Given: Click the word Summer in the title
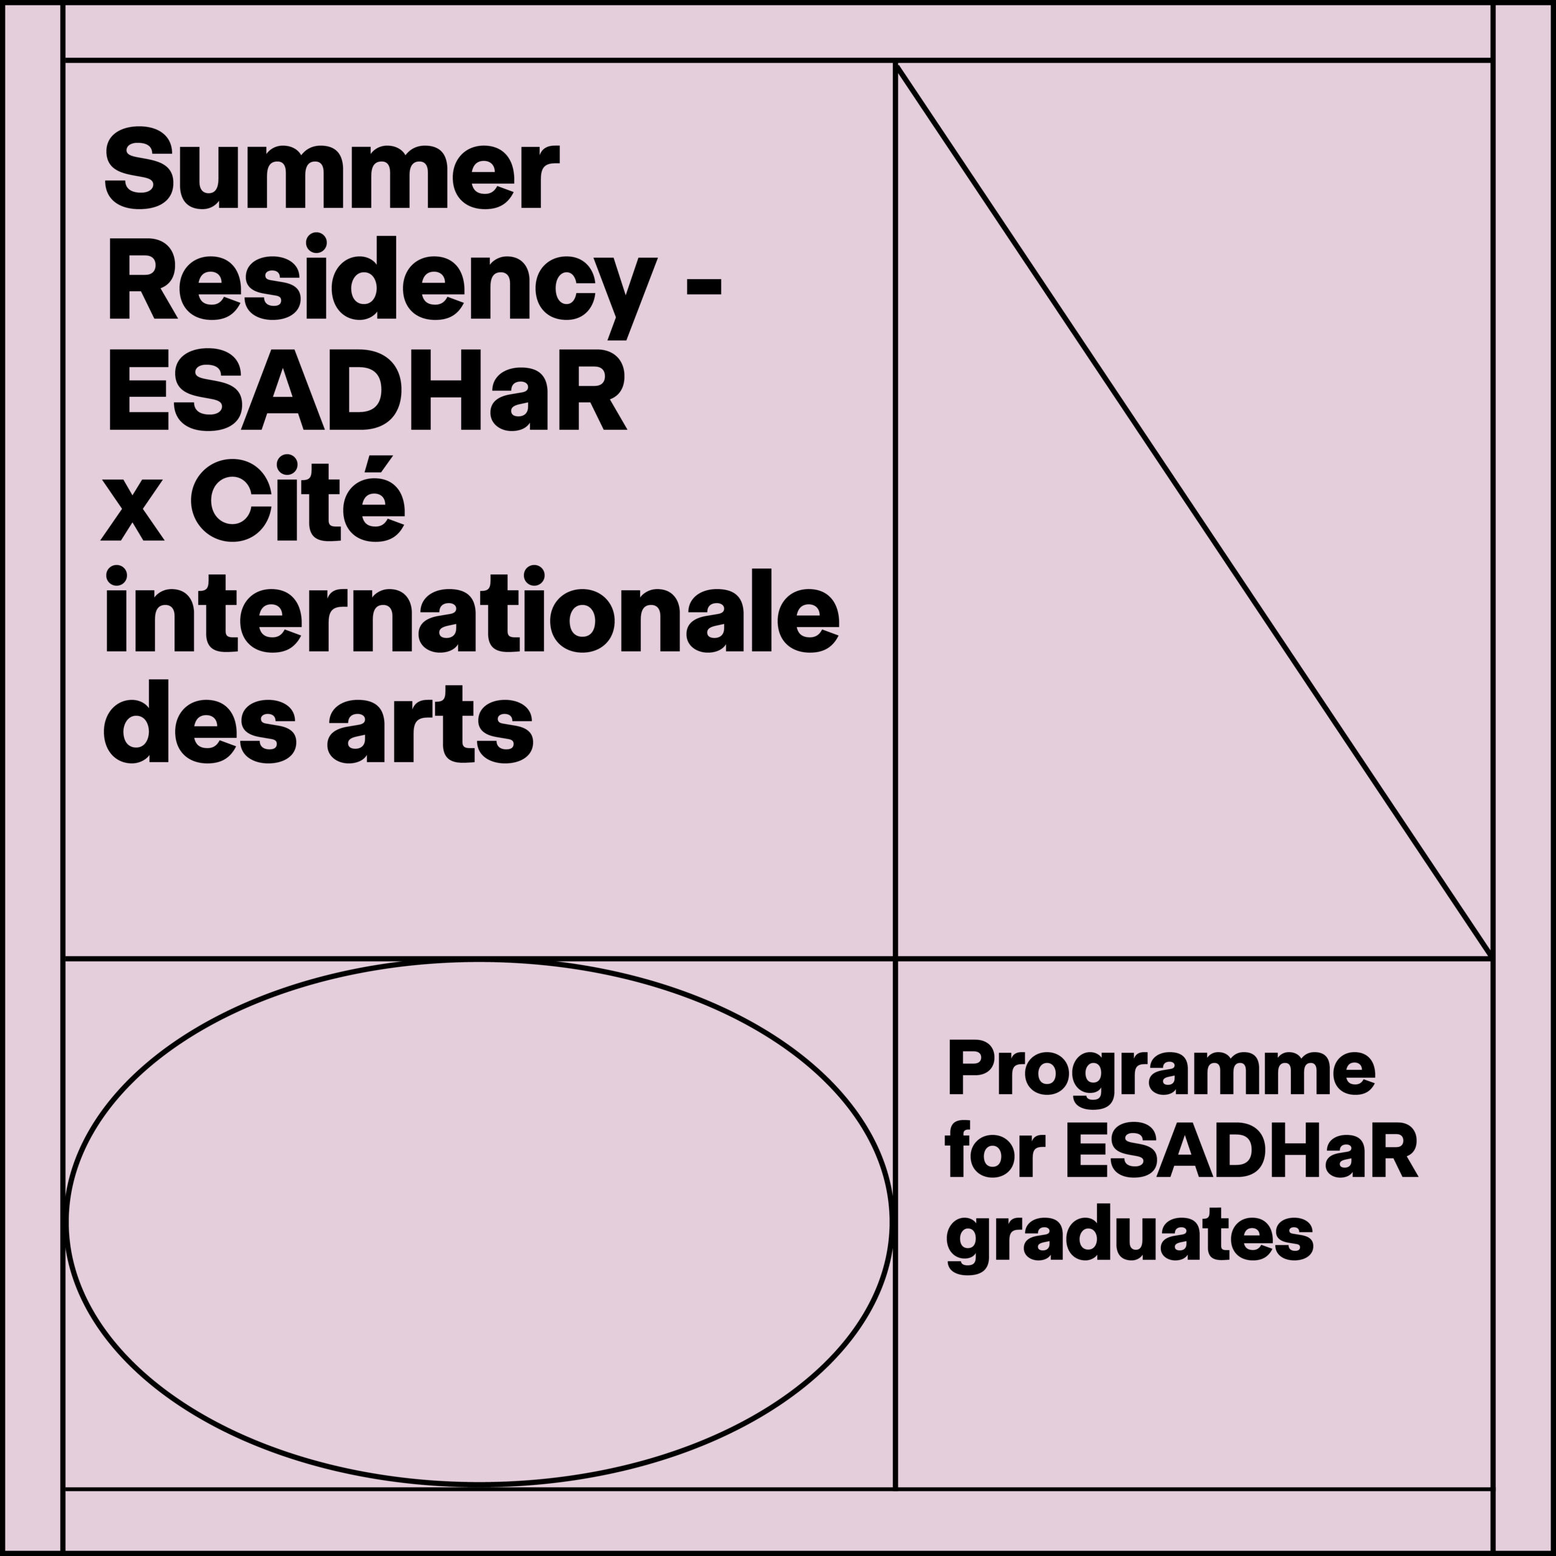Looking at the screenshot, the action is click(x=331, y=168).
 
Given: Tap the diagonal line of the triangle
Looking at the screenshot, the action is click(x=1194, y=511).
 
